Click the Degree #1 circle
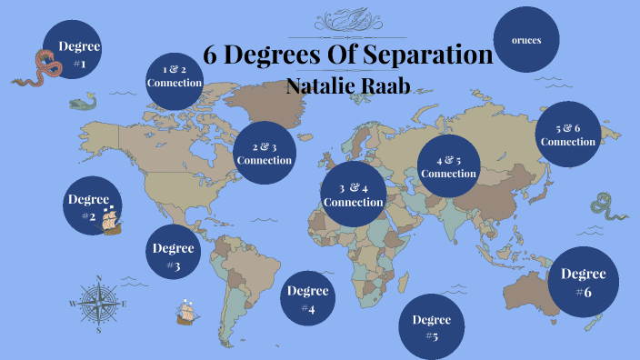click(x=73, y=52)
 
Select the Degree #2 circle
click(x=88, y=206)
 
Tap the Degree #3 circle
click(x=173, y=254)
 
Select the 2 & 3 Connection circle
click(x=264, y=153)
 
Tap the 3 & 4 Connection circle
click(x=354, y=194)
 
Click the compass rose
click(x=98, y=304)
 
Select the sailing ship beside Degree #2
click(x=111, y=220)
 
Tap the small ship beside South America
click(x=187, y=313)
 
